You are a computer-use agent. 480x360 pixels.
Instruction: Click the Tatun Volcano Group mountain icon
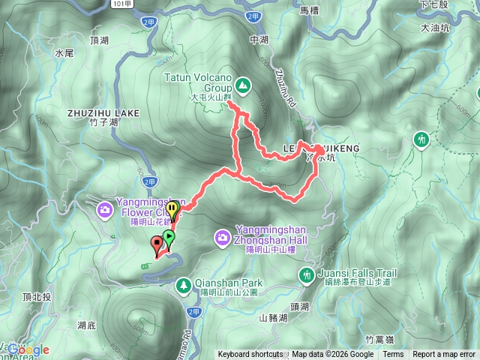tap(243, 84)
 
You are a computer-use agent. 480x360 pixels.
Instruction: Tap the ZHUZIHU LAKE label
tap(103, 112)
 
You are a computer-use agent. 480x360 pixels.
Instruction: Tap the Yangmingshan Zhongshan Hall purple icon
tap(223, 238)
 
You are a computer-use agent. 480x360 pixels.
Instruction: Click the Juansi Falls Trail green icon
tap(307, 275)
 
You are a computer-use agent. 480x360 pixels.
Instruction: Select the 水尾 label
tap(64, 54)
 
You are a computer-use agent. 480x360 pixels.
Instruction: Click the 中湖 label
tap(259, 40)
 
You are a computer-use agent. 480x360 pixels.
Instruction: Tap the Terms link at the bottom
tap(393, 355)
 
